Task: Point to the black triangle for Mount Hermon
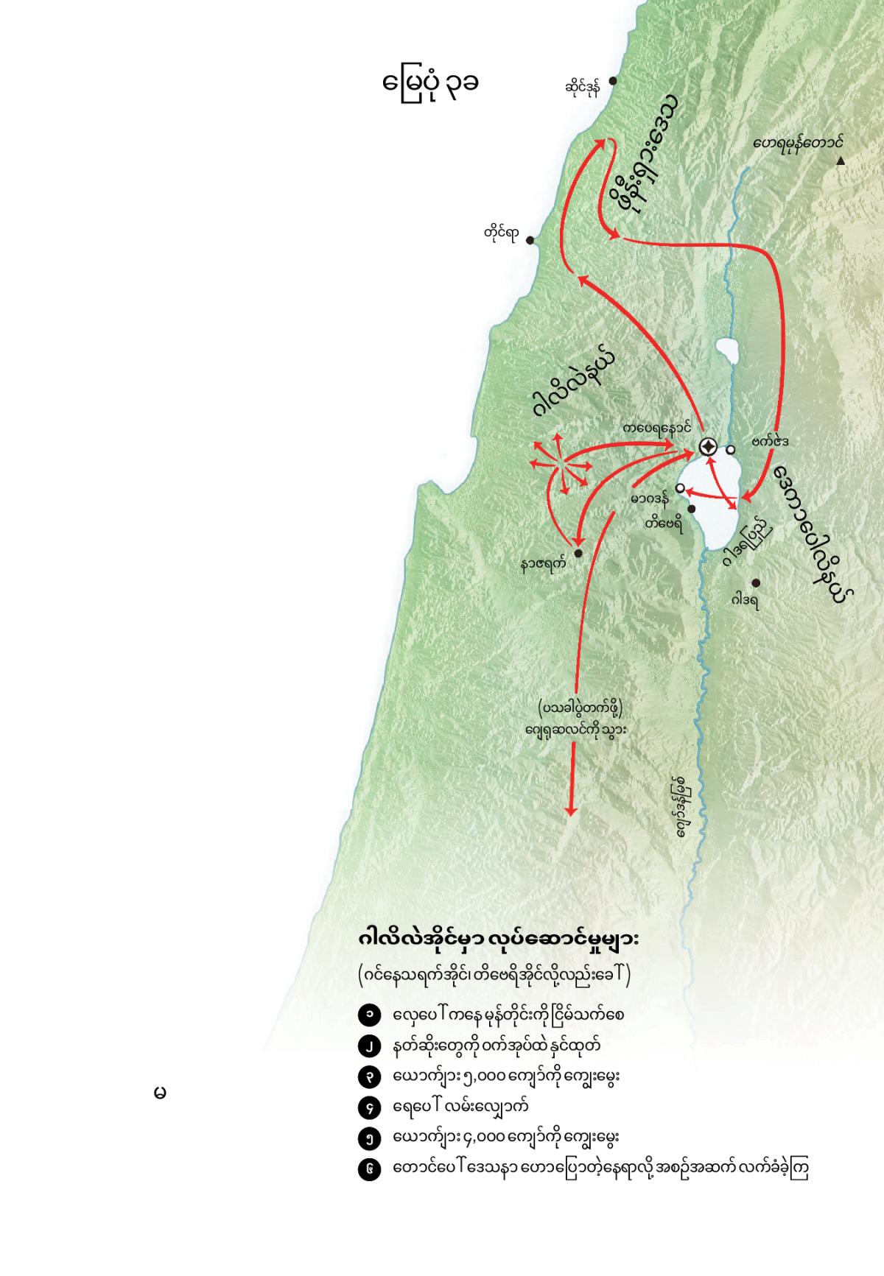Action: click(x=841, y=161)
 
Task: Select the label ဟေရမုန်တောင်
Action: click(x=798, y=143)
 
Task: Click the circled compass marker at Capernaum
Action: click(x=707, y=446)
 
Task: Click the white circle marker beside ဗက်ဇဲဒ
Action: click(x=731, y=449)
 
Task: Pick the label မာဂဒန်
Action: click(x=650, y=500)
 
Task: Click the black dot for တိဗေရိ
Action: click(x=691, y=508)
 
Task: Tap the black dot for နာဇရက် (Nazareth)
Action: click(x=578, y=553)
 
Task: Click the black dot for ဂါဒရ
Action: click(x=756, y=583)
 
